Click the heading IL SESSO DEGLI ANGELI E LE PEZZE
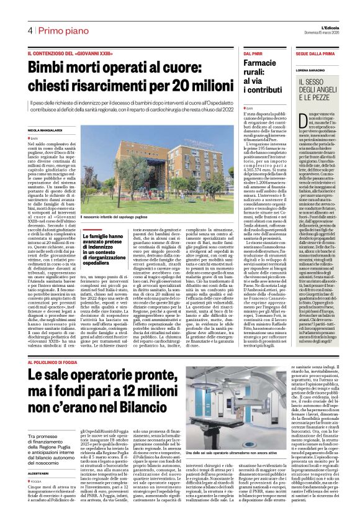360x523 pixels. (318, 90)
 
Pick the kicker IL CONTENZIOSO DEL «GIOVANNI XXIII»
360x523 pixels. (68, 55)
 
